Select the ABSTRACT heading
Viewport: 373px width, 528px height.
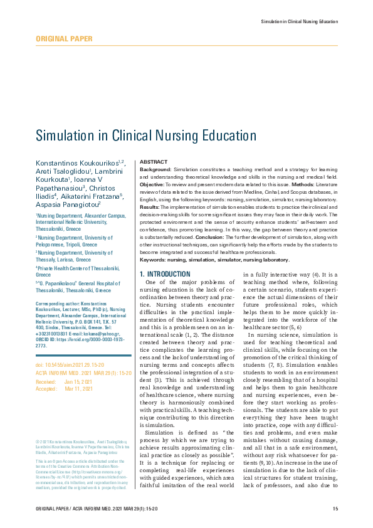pos(153,162)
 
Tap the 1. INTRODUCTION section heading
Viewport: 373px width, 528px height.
pos(165,274)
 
